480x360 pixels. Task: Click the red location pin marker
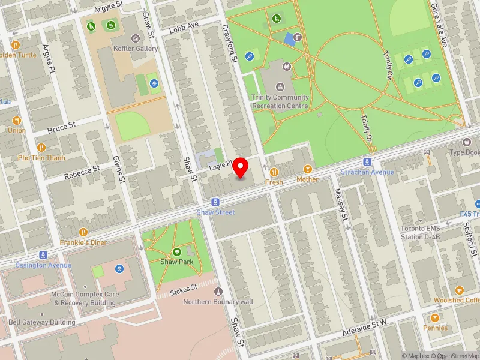point(241,167)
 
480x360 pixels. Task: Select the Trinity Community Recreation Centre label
point(280,101)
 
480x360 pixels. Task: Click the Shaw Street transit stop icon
point(214,202)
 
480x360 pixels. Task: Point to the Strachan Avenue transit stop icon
point(366,162)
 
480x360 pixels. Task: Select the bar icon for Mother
point(308,169)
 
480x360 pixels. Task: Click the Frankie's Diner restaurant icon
point(83,232)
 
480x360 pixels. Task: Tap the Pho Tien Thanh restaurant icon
point(41,147)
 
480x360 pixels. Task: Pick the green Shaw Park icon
point(177,252)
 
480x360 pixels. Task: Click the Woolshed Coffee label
point(457,300)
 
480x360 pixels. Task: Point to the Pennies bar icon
point(434,317)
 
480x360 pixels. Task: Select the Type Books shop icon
point(467,142)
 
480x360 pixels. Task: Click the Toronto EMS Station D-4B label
point(421,232)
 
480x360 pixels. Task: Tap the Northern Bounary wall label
point(218,301)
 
